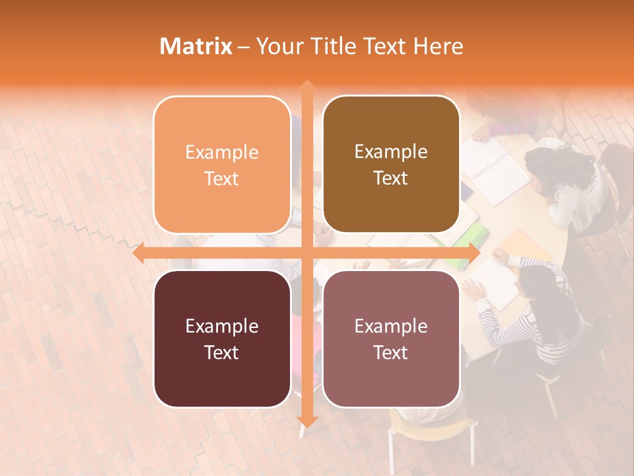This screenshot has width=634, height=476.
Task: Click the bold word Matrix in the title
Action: pos(196,46)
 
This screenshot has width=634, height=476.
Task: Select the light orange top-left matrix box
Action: pos(222,165)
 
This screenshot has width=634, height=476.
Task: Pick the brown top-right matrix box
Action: pos(391,165)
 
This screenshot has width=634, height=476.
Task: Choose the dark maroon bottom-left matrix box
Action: pos(222,338)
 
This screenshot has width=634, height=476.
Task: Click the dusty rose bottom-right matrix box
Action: pos(391,338)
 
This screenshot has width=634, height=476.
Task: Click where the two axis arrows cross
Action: pos(306,253)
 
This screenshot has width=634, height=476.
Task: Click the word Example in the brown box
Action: pos(391,152)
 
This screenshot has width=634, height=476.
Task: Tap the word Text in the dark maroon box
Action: pos(222,352)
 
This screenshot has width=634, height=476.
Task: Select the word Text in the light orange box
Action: pos(222,178)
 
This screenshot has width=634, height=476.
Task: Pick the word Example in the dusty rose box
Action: pos(391,326)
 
